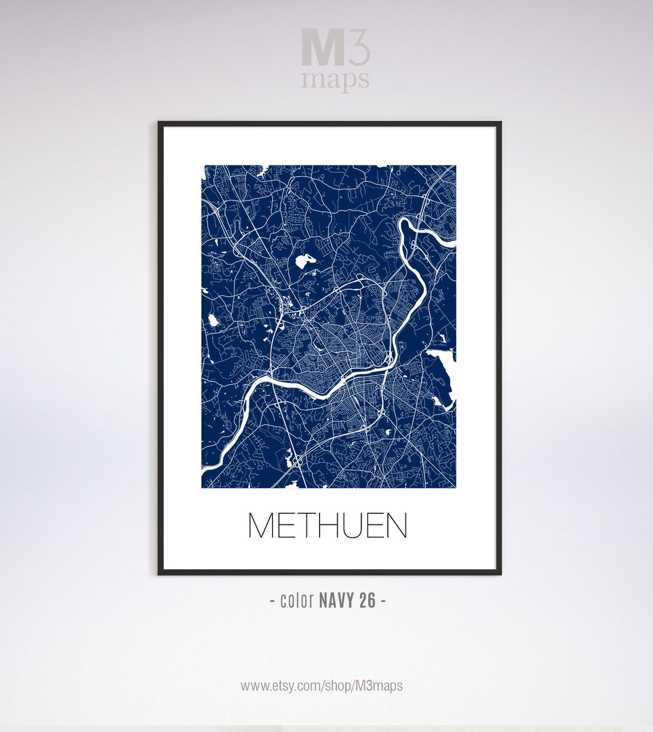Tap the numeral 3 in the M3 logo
click(359, 49)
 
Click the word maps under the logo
click(335, 80)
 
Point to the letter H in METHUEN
click(331, 525)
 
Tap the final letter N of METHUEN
click(396, 525)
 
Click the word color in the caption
click(297, 600)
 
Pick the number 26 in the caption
click(368, 600)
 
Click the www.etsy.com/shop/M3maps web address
click(321, 686)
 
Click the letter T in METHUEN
click(307, 525)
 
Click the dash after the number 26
click(383, 601)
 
